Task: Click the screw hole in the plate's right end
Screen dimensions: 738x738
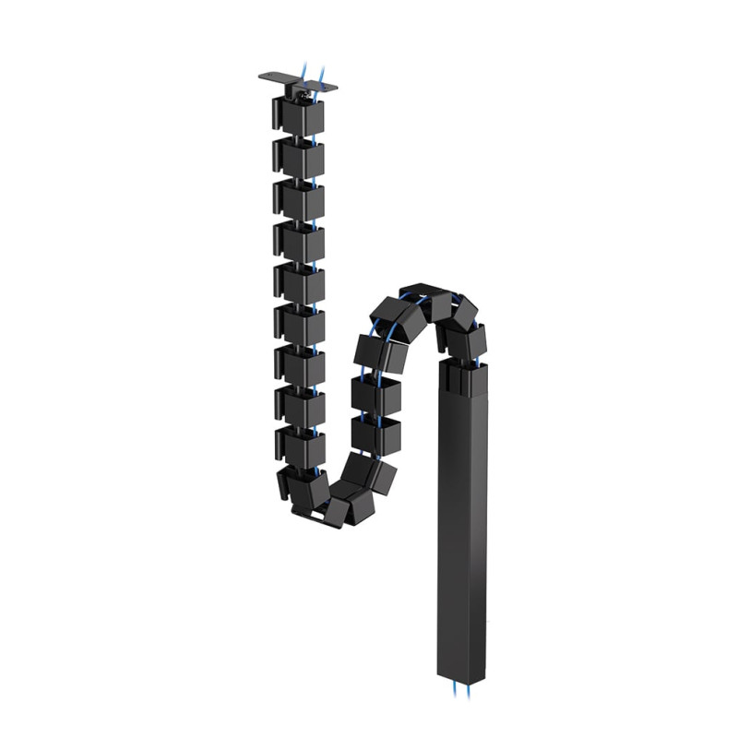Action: (x=329, y=85)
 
